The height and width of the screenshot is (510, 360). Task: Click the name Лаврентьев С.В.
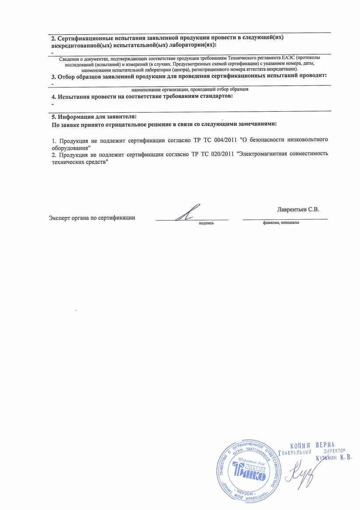298,209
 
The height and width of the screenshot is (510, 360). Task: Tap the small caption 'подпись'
206,222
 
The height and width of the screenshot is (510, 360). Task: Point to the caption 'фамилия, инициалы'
281,222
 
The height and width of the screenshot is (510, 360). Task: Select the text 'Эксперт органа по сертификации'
92,218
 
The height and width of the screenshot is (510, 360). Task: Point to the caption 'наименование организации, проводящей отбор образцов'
190,89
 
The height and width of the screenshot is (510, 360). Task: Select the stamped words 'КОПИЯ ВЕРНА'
312,445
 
